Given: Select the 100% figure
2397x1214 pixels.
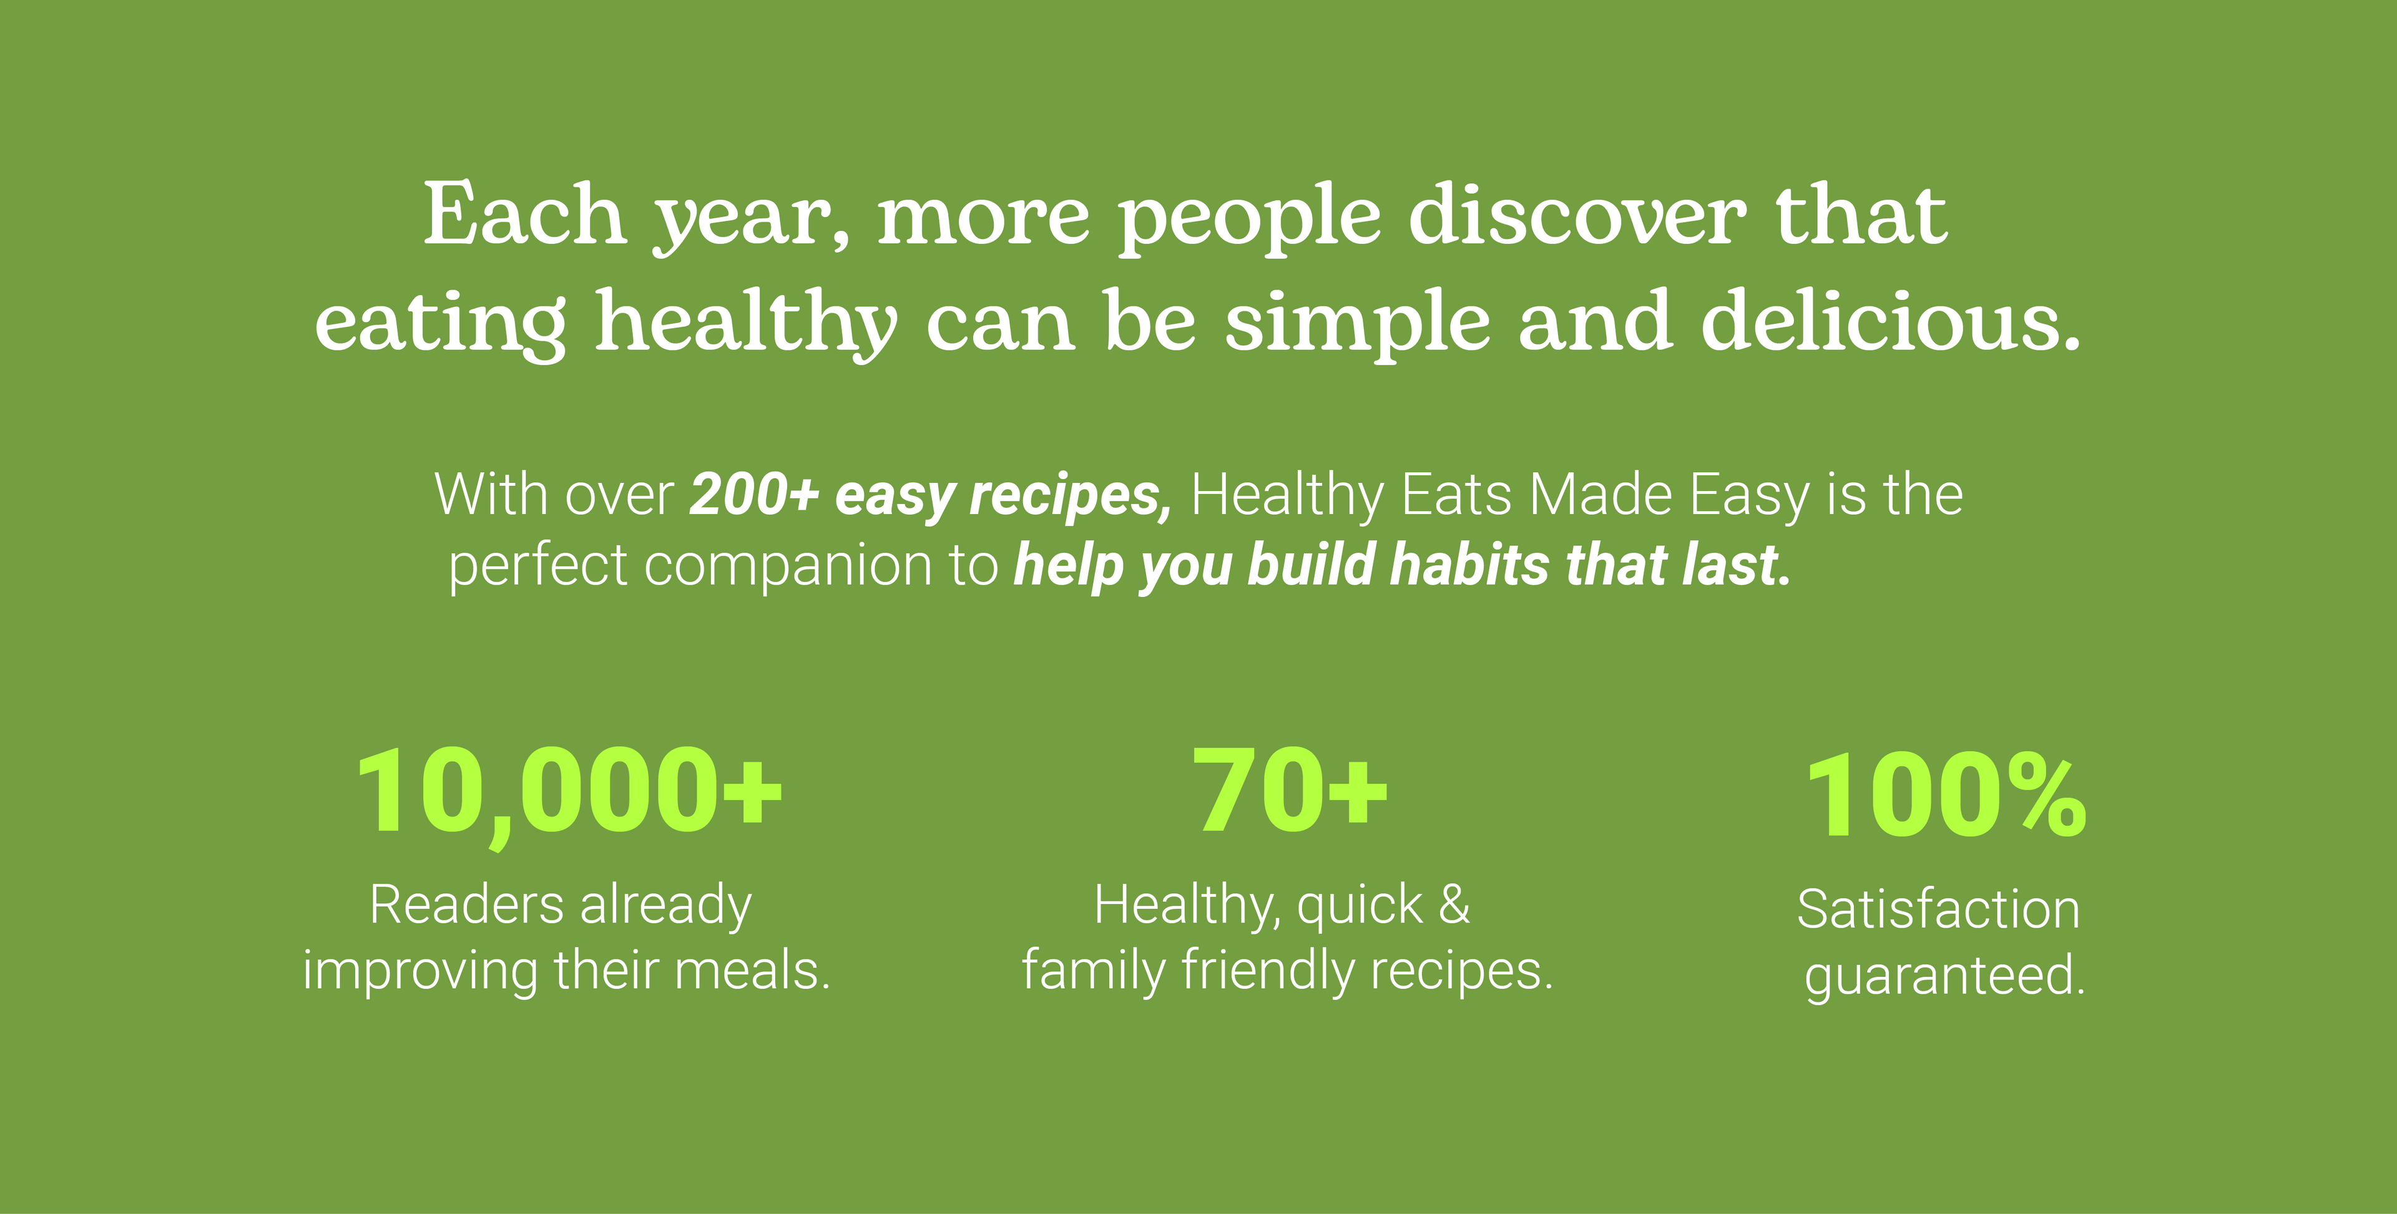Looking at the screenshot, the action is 1946,795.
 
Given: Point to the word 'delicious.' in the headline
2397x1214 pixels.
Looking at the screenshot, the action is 1891,320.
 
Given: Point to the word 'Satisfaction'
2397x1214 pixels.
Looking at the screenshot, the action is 1938,909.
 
